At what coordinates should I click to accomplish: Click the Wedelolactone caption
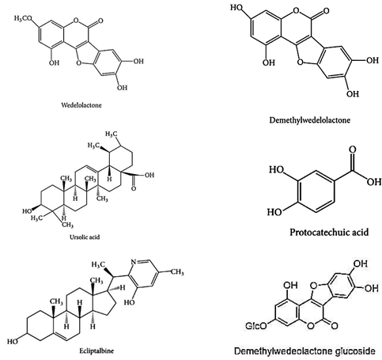point(81,105)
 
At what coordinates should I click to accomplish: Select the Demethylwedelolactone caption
point(310,120)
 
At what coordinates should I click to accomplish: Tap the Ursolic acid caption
point(85,237)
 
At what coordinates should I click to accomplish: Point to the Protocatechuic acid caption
point(329,233)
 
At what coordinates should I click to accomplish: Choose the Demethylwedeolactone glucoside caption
point(304,351)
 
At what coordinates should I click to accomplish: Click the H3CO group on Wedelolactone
point(23,18)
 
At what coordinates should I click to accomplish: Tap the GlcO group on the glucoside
point(256,326)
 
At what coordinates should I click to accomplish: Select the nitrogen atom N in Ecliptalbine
point(134,262)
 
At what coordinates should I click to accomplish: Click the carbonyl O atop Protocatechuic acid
point(353,150)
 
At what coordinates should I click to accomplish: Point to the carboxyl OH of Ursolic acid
point(149,175)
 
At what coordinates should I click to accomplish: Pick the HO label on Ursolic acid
point(27,211)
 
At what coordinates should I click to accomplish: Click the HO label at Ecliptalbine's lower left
point(13,342)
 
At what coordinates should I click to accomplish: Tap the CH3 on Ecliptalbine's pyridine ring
point(177,271)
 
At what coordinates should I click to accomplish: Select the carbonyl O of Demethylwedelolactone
point(326,11)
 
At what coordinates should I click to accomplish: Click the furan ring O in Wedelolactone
point(78,63)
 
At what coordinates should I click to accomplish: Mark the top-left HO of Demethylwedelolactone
point(236,7)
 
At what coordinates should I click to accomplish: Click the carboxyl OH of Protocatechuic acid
point(374,182)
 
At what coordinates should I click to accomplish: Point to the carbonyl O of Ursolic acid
point(134,189)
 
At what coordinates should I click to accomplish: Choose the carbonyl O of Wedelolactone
point(100,21)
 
